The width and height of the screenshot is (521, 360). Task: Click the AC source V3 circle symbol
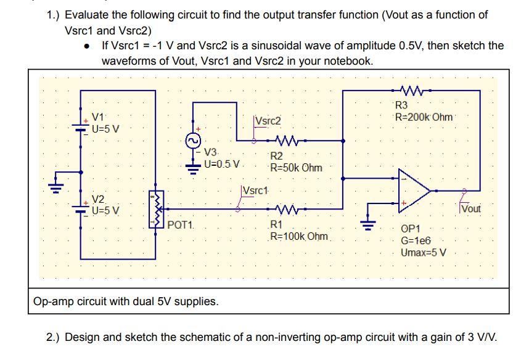point(194,141)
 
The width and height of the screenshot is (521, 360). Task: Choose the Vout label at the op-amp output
point(471,209)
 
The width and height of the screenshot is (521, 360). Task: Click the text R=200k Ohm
point(424,117)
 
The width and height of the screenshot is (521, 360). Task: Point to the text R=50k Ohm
point(296,167)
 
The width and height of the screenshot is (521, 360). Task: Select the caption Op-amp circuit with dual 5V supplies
point(126,301)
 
